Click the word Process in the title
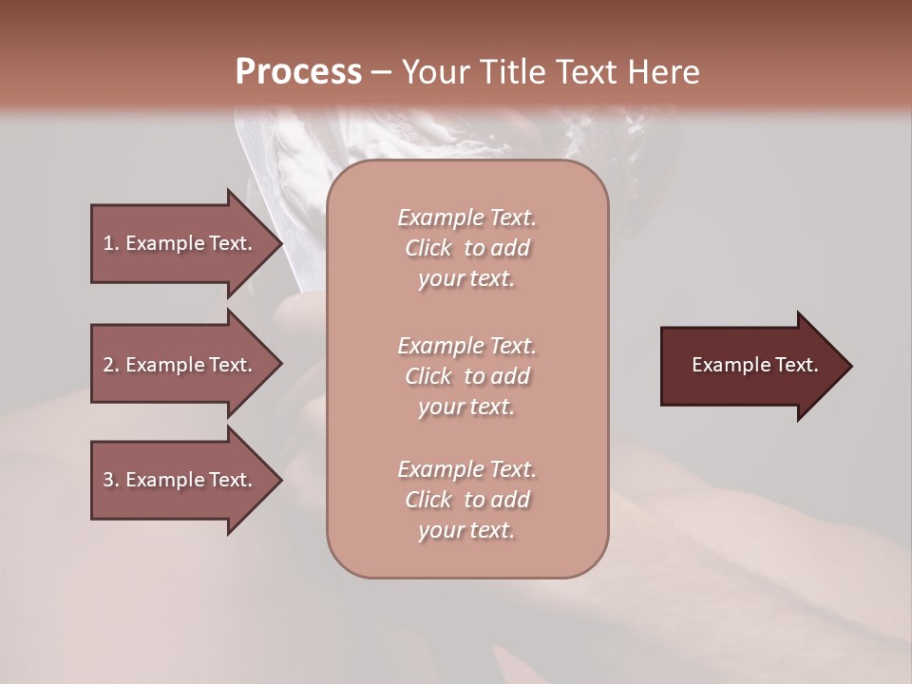298,72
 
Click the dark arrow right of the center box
750,366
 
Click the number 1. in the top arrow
110,243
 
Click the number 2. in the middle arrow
110,365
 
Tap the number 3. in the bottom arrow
110,480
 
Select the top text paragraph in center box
466,248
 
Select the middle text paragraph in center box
466,375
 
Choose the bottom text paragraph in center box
466,500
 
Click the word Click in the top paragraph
428,248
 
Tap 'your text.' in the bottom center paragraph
466,531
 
